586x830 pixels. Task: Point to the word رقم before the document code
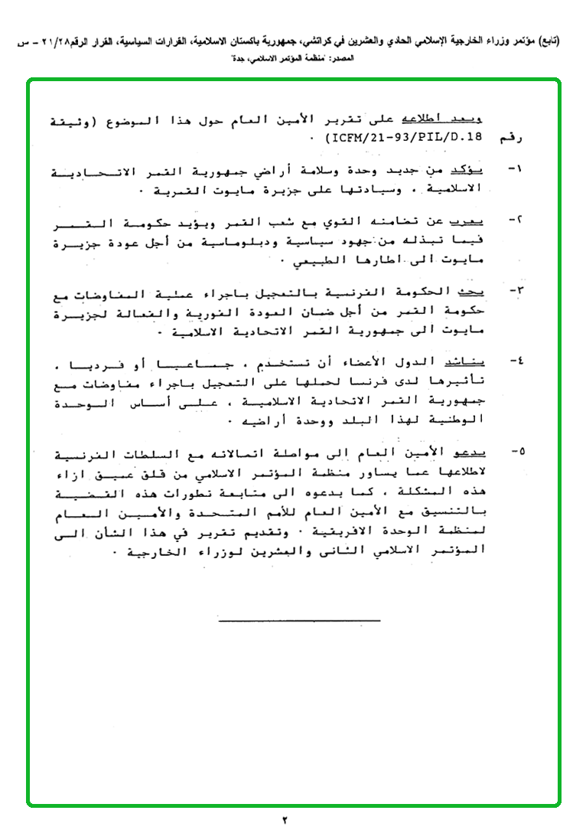coord(501,139)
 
